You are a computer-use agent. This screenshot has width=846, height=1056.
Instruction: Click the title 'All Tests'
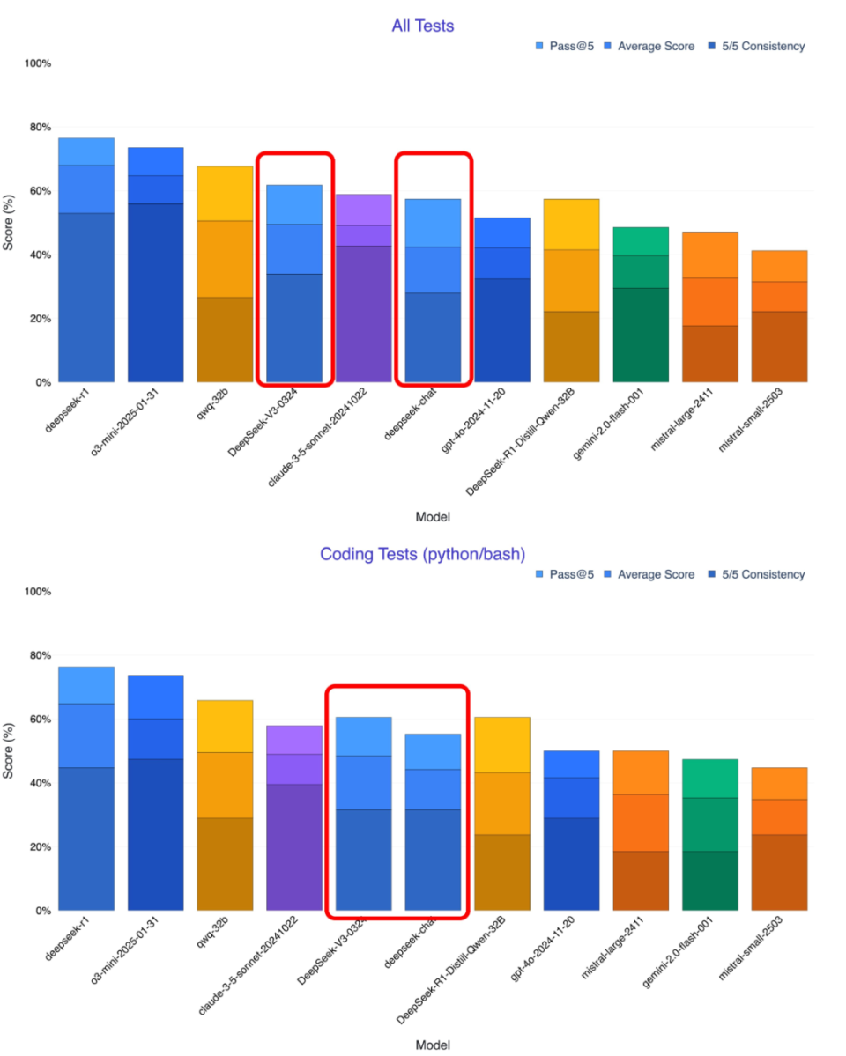423,26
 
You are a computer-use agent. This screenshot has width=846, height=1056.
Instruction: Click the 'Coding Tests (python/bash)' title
423,554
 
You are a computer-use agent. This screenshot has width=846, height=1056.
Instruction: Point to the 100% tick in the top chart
39,63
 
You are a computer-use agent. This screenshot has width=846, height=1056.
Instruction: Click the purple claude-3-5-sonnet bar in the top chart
363,291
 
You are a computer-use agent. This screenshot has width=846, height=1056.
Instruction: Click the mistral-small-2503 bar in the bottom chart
779,841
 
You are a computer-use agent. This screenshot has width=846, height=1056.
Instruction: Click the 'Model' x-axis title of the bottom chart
433,1045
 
